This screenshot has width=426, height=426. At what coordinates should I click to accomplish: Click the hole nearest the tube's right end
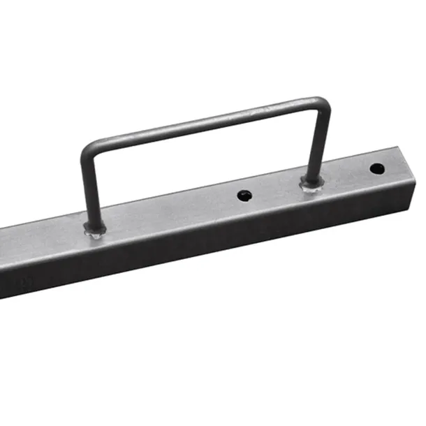[376, 168]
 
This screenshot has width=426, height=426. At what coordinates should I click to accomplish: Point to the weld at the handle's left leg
[94, 229]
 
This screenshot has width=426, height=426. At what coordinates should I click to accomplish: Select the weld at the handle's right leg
[311, 184]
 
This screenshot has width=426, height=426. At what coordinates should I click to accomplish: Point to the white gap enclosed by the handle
[203, 168]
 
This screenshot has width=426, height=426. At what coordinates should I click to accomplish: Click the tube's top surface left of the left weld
[42, 237]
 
